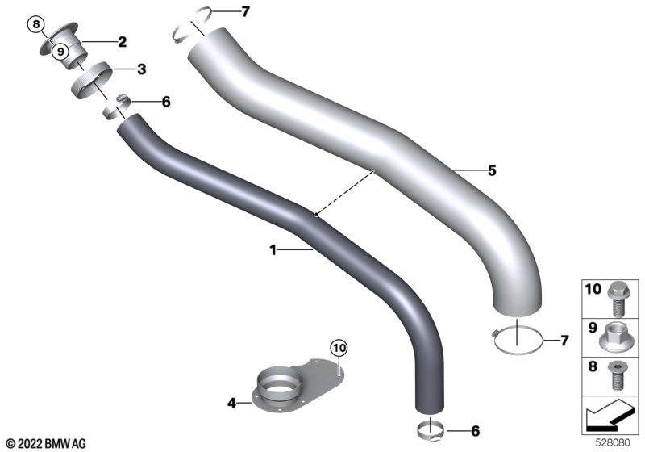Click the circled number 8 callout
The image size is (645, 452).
36,25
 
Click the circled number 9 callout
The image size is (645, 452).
60,52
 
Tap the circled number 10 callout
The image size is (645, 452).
339,348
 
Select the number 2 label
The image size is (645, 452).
123,42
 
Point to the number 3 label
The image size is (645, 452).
142,69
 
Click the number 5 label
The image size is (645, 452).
492,170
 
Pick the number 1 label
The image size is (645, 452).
273,250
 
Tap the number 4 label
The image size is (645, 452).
232,403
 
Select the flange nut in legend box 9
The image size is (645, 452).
614,337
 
